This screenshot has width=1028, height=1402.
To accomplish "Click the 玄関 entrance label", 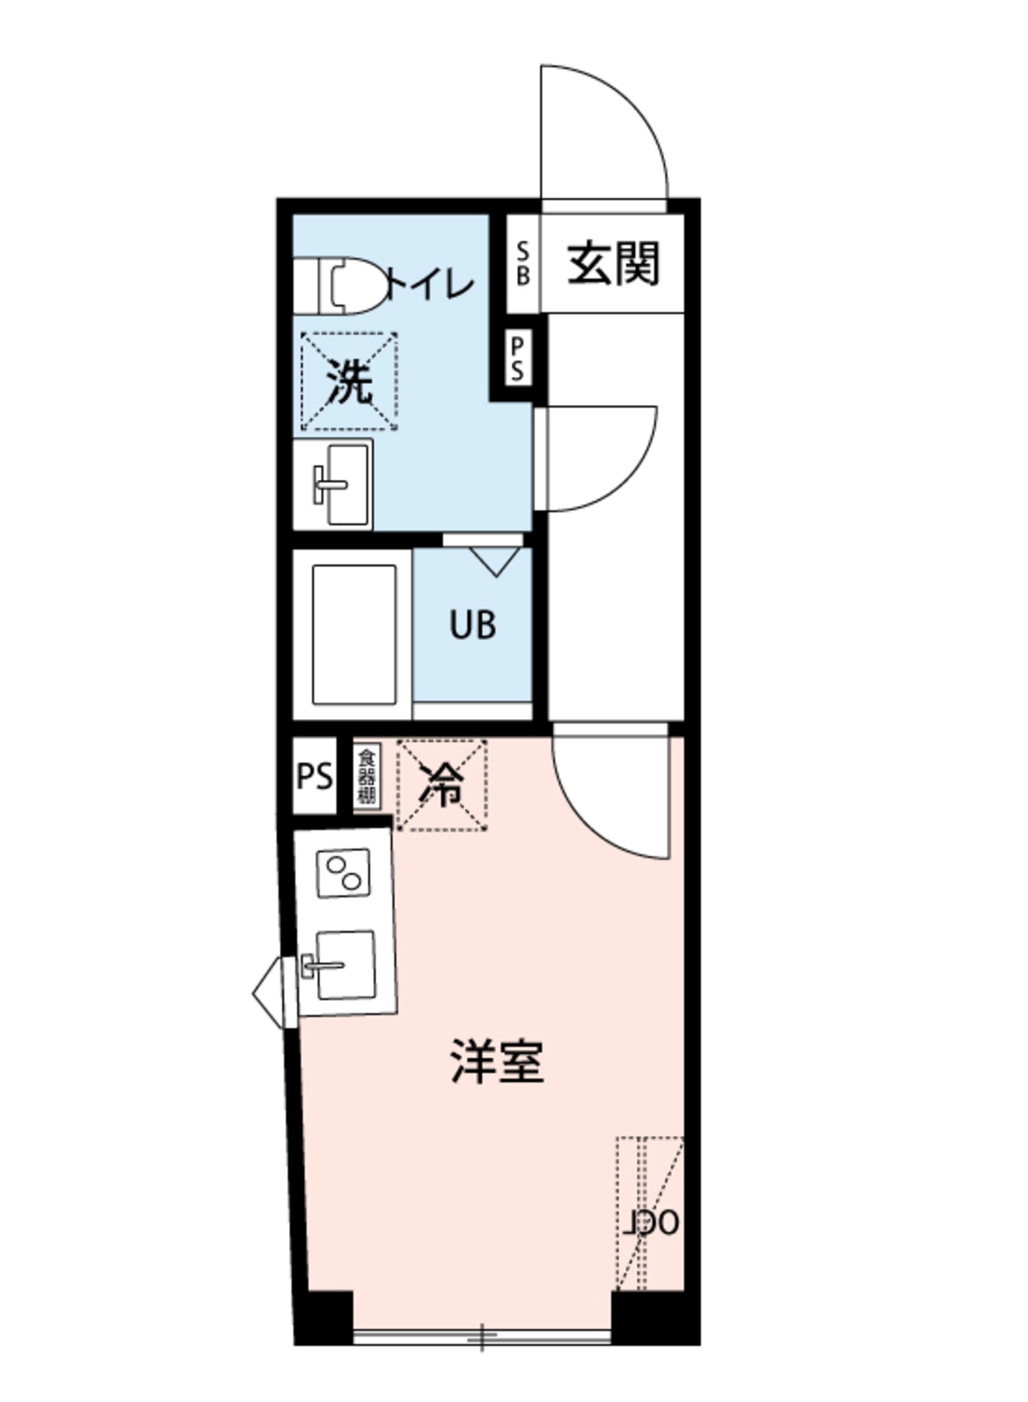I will click(x=613, y=265).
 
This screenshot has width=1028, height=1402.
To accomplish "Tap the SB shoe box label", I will click(x=523, y=264).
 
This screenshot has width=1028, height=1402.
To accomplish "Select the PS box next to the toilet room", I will click(x=517, y=358).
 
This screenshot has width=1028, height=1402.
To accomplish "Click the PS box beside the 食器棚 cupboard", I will click(x=315, y=777).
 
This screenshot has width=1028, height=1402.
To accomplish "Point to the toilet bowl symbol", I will click(x=350, y=286).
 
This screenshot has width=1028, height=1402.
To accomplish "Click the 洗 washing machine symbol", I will click(x=349, y=382).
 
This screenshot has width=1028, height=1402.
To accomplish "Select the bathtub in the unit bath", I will click(x=354, y=635).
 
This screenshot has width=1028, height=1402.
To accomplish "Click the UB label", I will click(x=473, y=625).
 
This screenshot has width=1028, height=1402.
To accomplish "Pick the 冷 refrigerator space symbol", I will click(x=442, y=784).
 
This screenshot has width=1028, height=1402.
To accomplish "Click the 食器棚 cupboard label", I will click(x=366, y=777).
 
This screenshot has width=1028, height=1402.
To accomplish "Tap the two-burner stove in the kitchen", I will click(x=343, y=873).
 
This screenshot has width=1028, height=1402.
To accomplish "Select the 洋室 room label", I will click(x=497, y=1061).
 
